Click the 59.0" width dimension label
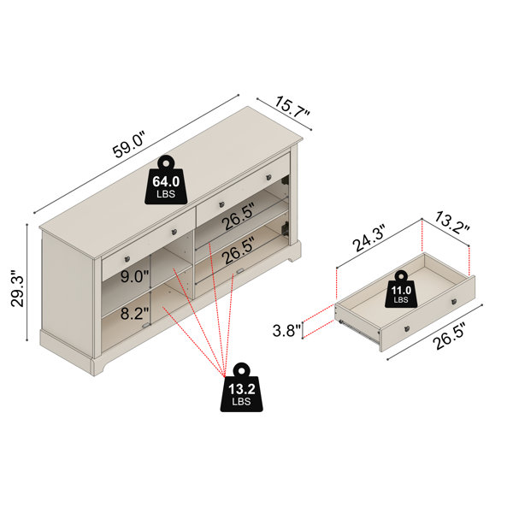128,144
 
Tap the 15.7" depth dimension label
292,107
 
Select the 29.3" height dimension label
18,289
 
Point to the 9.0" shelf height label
134,276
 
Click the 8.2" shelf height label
134,314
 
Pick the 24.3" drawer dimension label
369,239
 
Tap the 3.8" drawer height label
287,330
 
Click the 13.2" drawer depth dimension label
452,223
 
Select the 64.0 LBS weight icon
166,180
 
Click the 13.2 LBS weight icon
241,387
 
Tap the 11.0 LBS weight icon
401,289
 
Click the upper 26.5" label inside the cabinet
238,216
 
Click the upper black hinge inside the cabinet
286,180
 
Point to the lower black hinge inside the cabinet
285,227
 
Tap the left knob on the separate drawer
407,329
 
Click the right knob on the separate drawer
454,302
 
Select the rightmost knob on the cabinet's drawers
269,177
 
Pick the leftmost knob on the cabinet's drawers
127,259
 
